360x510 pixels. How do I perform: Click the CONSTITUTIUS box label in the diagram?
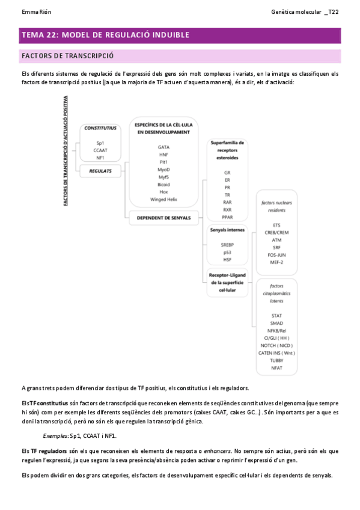tap(100, 128)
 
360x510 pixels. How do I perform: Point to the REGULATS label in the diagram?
tap(100, 171)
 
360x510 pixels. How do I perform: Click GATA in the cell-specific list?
tap(163, 147)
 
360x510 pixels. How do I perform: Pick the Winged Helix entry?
tap(163, 199)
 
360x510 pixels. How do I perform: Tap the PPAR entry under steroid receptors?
tap(227, 217)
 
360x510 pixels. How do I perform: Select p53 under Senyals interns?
tap(227, 252)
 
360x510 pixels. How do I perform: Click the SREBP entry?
tap(227, 245)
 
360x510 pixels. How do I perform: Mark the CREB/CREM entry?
tap(276, 232)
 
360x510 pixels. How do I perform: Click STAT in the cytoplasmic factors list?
tap(276, 315)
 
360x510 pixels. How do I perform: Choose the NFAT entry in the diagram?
tap(276, 367)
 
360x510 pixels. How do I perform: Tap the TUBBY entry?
tap(276, 360)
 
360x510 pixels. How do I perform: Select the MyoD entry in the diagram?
tap(163, 170)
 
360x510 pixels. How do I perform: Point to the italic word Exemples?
tap(55, 435)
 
